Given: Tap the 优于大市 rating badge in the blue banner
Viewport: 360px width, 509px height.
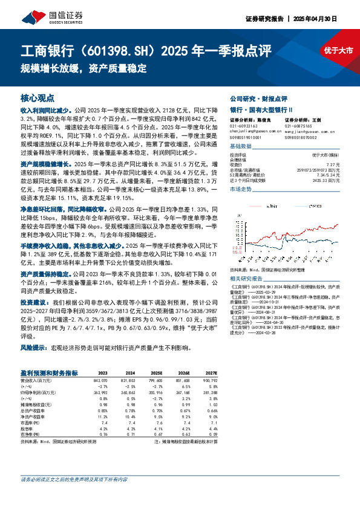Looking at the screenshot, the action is coord(338,51).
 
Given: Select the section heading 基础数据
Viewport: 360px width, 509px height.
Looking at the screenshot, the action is coord(241,147).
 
